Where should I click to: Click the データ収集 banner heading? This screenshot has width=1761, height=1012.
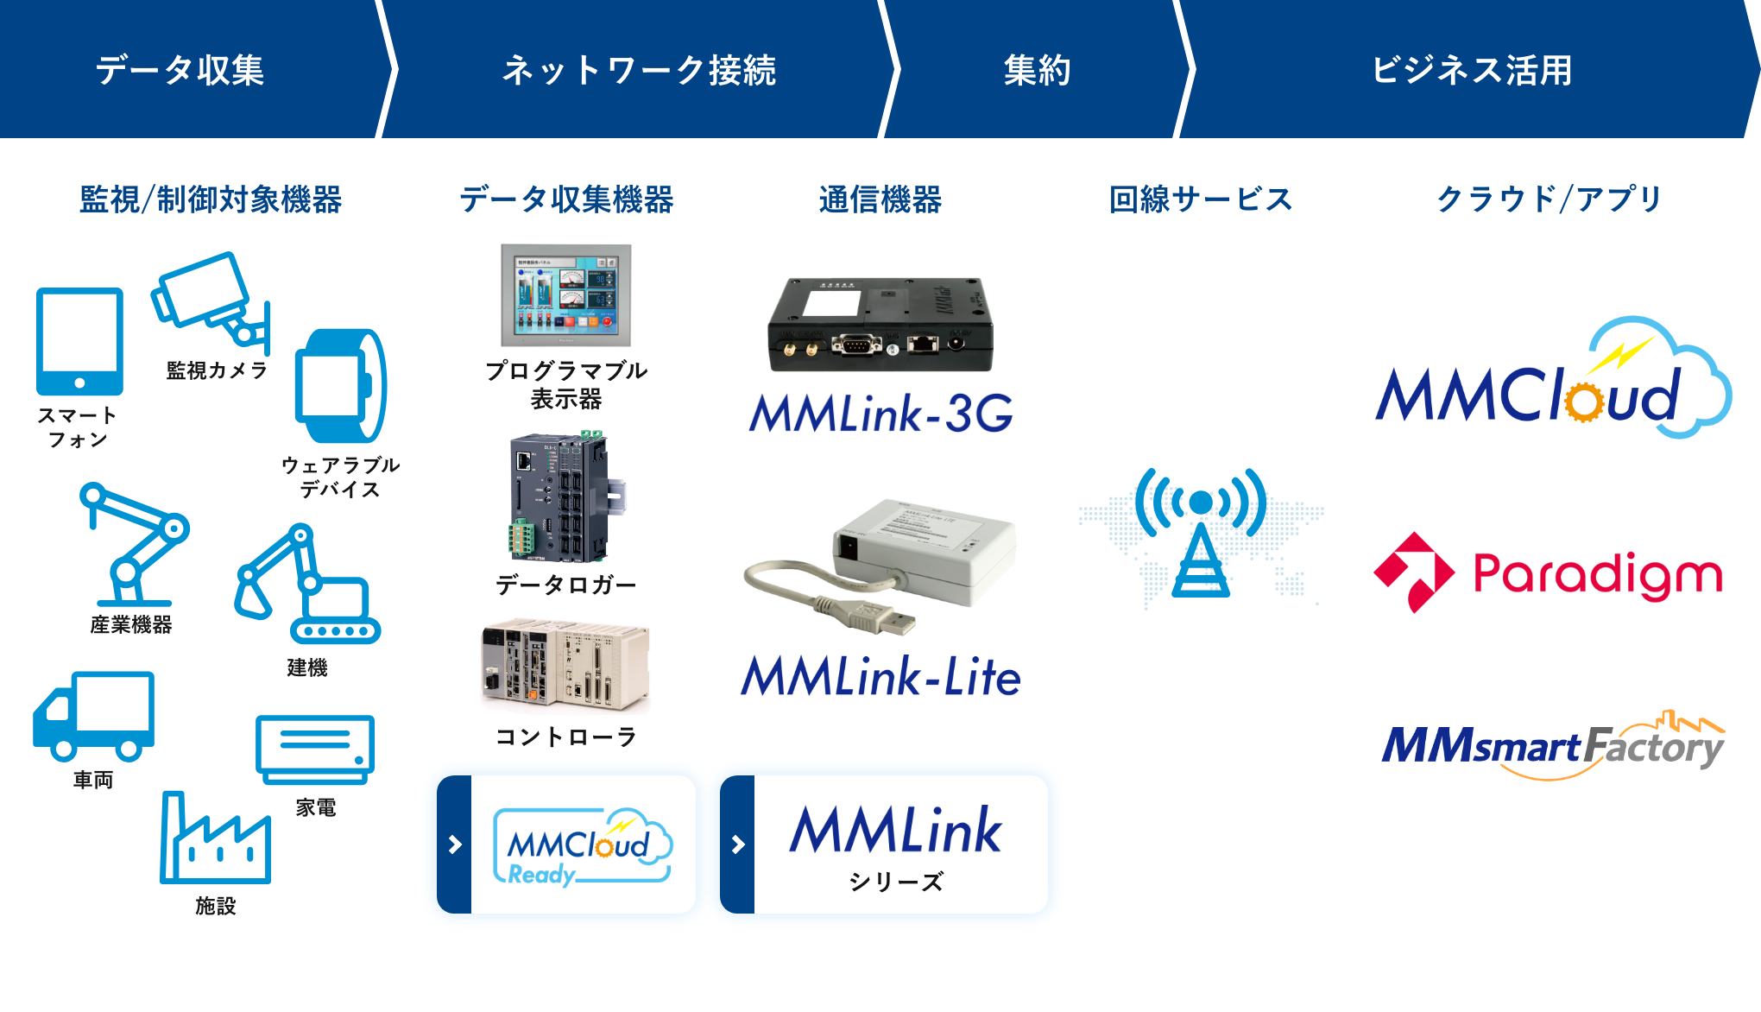180,70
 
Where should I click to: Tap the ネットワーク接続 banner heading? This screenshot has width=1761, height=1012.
639,70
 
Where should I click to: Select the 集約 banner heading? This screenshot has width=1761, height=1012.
1037,70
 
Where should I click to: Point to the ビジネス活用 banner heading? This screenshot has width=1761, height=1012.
1472,70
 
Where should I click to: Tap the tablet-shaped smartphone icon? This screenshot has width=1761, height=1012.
79,341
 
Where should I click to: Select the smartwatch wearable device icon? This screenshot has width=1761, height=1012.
340,385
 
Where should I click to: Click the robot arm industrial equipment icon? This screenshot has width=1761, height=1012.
134,544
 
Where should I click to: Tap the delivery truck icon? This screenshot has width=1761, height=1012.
93,716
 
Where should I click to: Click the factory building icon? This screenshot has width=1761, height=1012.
215,838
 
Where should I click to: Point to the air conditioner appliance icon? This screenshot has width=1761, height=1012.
315,749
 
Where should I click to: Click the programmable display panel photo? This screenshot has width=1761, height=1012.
565,295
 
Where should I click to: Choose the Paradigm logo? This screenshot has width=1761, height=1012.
1548,572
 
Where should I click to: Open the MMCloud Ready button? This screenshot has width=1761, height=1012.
566,844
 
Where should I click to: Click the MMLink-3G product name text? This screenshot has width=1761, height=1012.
881,413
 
